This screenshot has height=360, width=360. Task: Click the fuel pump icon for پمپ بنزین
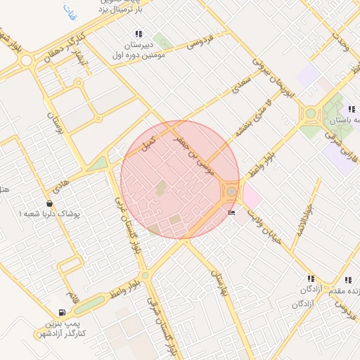click(x=63, y=312)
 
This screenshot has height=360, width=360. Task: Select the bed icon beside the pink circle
click(x=231, y=212)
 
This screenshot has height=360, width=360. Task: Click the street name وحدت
click(x=342, y=44)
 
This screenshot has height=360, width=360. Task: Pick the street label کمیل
click(x=148, y=143)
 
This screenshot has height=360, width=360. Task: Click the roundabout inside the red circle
click(x=231, y=191)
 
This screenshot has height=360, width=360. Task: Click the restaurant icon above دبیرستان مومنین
click(x=138, y=34)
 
